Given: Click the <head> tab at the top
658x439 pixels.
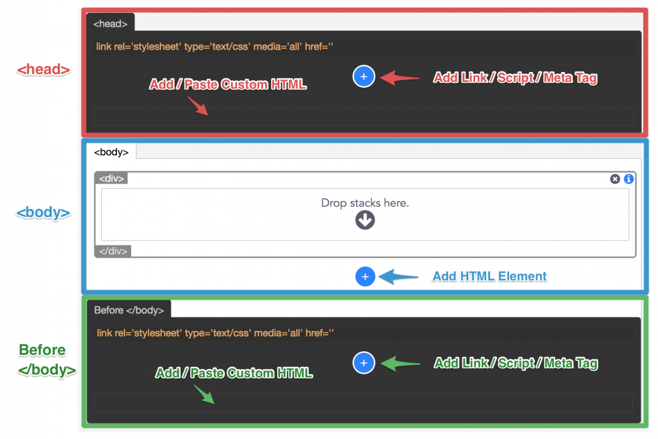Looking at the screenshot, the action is pyautogui.click(x=110, y=24).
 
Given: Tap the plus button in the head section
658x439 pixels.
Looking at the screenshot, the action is pyautogui.click(x=364, y=76).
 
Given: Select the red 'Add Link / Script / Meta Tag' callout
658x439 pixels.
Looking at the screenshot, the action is pyautogui.click(x=515, y=77).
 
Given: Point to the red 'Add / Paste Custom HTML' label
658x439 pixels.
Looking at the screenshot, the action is pyautogui.click(x=228, y=84).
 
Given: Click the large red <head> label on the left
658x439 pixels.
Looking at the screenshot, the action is pyautogui.click(x=44, y=69).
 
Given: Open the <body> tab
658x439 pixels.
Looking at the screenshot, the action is pyautogui.click(x=111, y=152).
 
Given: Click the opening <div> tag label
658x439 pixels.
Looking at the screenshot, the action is pyautogui.click(x=111, y=178).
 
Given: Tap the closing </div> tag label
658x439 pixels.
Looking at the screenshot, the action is pyautogui.click(x=114, y=251).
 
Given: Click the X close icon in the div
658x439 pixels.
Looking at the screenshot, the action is pyautogui.click(x=614, y=179).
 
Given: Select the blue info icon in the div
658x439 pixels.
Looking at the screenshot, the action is pyautogui.click(x=629, y=179).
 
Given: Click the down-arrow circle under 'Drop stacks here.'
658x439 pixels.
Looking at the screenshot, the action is pyautogui.click(x=365, y=220).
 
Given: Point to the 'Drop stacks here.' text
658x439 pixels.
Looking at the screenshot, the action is pyautogui.click(x=365, y=203).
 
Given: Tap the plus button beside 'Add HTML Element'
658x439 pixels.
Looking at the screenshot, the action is pyautogui.click(x=365, y=277).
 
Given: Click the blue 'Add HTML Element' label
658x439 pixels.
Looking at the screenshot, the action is pyautogui.click(x=489, y=276).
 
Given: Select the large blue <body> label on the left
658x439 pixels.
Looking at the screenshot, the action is pyautogui.click(x=44, y=213).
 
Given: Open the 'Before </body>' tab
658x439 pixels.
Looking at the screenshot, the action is pyautogui.click(x=129, y=310).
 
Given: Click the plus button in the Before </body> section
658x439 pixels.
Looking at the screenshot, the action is pyautogui.click(x=364, y=363).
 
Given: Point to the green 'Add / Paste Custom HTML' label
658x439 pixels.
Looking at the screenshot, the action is pyautogui.click(x=234, y=372).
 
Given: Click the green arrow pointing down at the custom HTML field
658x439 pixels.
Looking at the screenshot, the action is pyautogui.click(x=204, y=395).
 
